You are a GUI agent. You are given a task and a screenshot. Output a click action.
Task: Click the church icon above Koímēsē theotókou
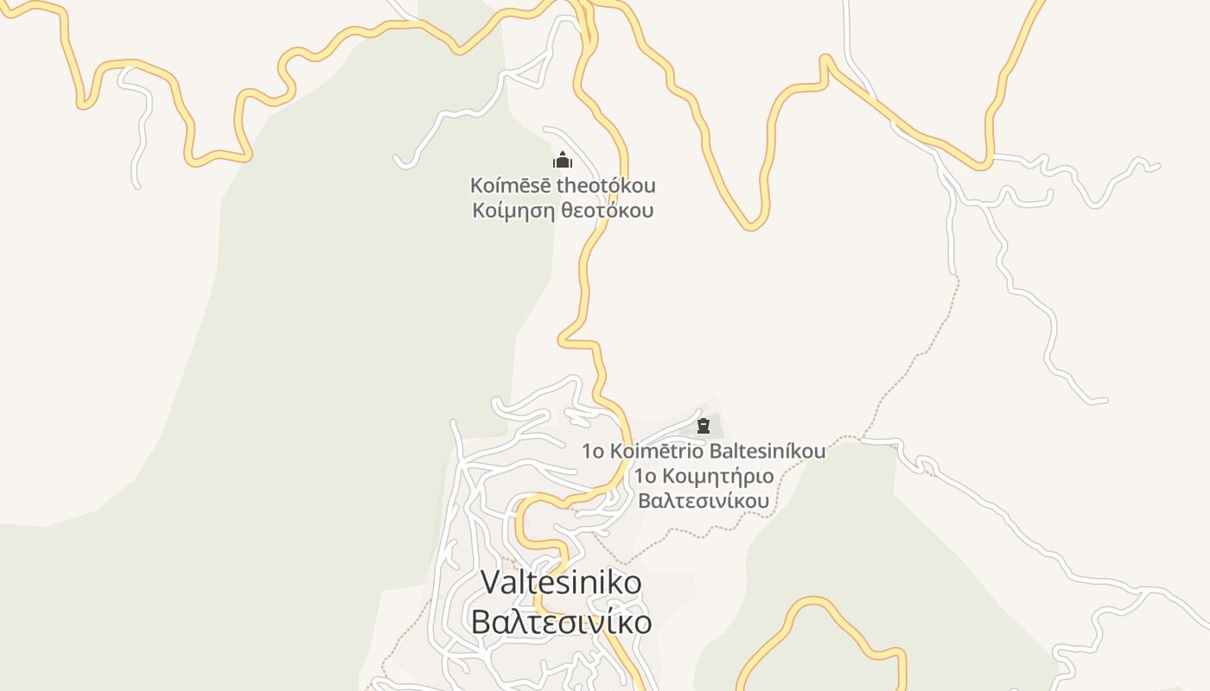tap(563, 161)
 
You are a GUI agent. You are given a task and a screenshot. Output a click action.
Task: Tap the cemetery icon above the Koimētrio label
tap(704, 425)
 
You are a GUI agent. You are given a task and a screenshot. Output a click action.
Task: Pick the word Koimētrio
tap(657, 451)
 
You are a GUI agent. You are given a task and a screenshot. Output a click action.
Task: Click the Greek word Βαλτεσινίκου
tap(704, 501)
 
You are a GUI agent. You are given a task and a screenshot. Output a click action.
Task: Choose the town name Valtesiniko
tap(562, 582)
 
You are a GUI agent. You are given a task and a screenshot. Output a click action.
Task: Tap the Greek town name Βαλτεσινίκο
tap(562, 622)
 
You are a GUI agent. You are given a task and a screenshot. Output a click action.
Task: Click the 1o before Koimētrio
tap(593, 451)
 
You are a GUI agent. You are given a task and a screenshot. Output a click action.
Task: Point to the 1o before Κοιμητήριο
tap(645, 476)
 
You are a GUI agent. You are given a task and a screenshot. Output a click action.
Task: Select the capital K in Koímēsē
tap(477, 186)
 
